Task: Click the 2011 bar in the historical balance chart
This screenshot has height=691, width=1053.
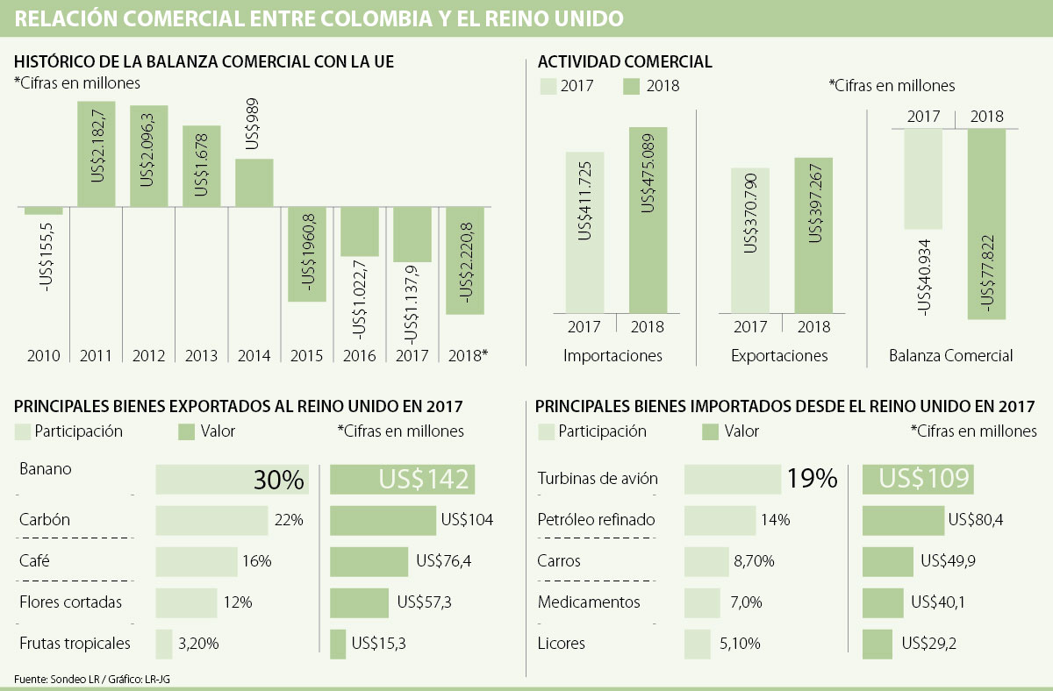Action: click(96, 154)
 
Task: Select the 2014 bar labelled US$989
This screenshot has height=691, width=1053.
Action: click(254, 182)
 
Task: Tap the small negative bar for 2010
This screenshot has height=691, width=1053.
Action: click(43, 211)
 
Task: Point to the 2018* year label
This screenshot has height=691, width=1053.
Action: click(466, 355)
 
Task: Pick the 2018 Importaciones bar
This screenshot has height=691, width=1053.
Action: click(648, 219)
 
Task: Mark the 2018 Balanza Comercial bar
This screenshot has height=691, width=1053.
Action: click(986, 224)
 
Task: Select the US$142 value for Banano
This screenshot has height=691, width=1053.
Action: click(403, 480)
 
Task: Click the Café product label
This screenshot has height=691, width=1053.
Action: click(33, 560)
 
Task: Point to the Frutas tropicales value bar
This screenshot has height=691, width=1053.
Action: click(338, 644)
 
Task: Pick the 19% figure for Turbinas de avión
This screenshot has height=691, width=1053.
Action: click(812, 479)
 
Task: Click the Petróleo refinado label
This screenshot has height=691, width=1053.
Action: click(596, 520)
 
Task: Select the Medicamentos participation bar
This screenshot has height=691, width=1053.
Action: click(702, 602)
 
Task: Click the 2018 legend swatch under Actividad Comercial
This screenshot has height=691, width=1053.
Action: click(633, 86)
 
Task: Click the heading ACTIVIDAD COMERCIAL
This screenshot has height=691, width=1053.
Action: click(625, 61)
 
